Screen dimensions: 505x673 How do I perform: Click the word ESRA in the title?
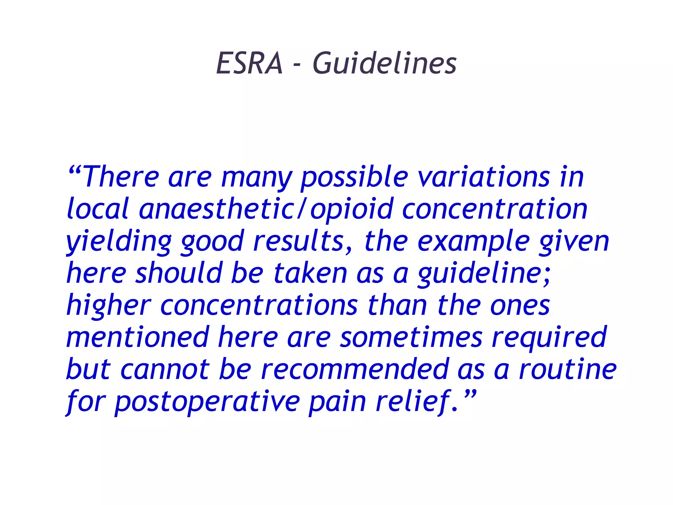point(249,63)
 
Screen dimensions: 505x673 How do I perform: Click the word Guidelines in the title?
point(384,63)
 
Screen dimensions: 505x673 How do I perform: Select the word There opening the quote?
point(121,178)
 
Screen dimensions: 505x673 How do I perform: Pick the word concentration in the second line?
point(495,209)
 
